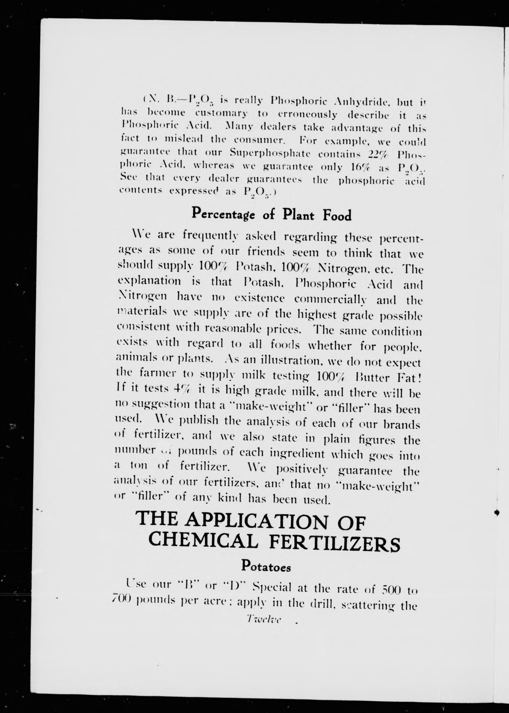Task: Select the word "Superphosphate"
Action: pos(270,153)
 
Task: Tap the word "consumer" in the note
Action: pos(259,140)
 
